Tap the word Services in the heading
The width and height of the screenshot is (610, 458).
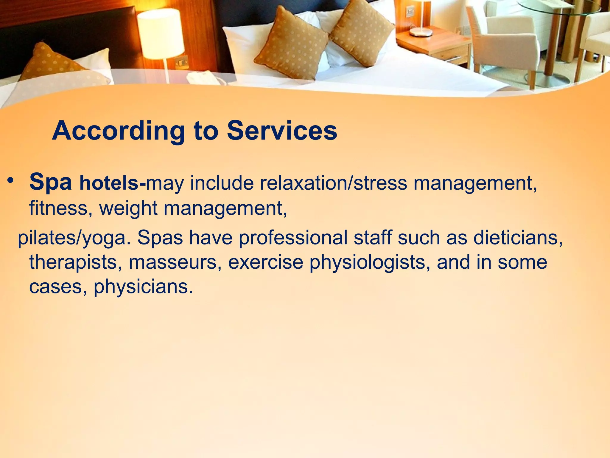[282, 131]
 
